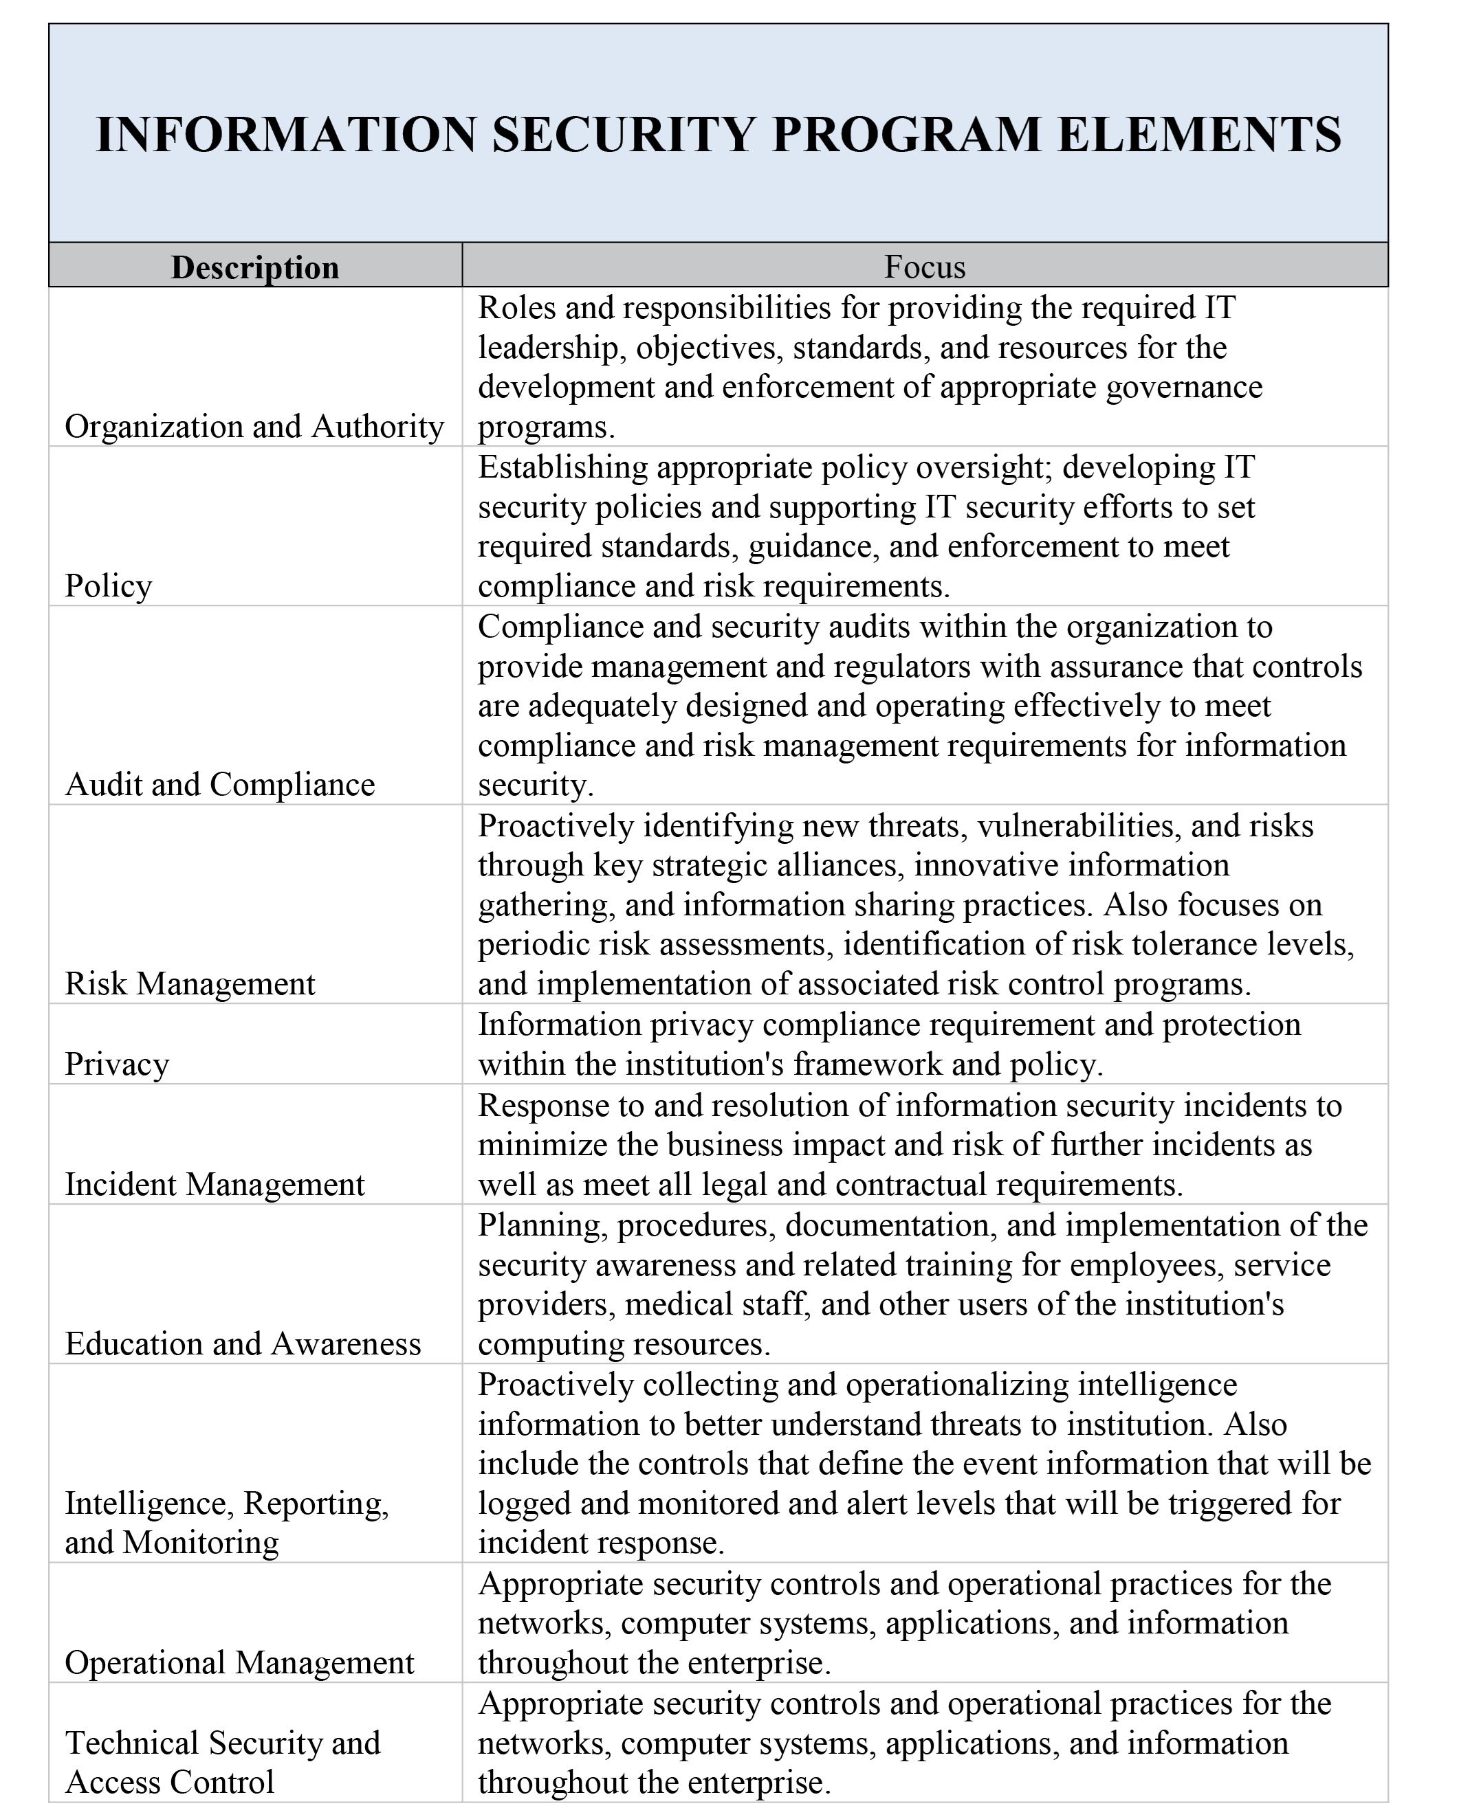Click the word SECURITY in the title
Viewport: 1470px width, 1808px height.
point(622,135)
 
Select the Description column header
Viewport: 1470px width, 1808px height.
point(255,267)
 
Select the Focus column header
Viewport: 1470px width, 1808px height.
point(925,267)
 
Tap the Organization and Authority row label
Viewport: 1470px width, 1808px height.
point(254,427)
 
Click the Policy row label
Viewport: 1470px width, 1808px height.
point(109,585)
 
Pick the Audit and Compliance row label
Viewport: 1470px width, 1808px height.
point(219,785)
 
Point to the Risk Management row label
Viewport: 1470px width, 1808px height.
point(190,983)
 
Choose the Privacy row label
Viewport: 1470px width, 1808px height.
point(117,1064)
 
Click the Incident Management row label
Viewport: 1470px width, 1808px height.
point(215,1184)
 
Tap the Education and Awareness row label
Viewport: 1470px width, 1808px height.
point(242,1343)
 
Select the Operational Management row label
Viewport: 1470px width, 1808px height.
point(239,1662)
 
